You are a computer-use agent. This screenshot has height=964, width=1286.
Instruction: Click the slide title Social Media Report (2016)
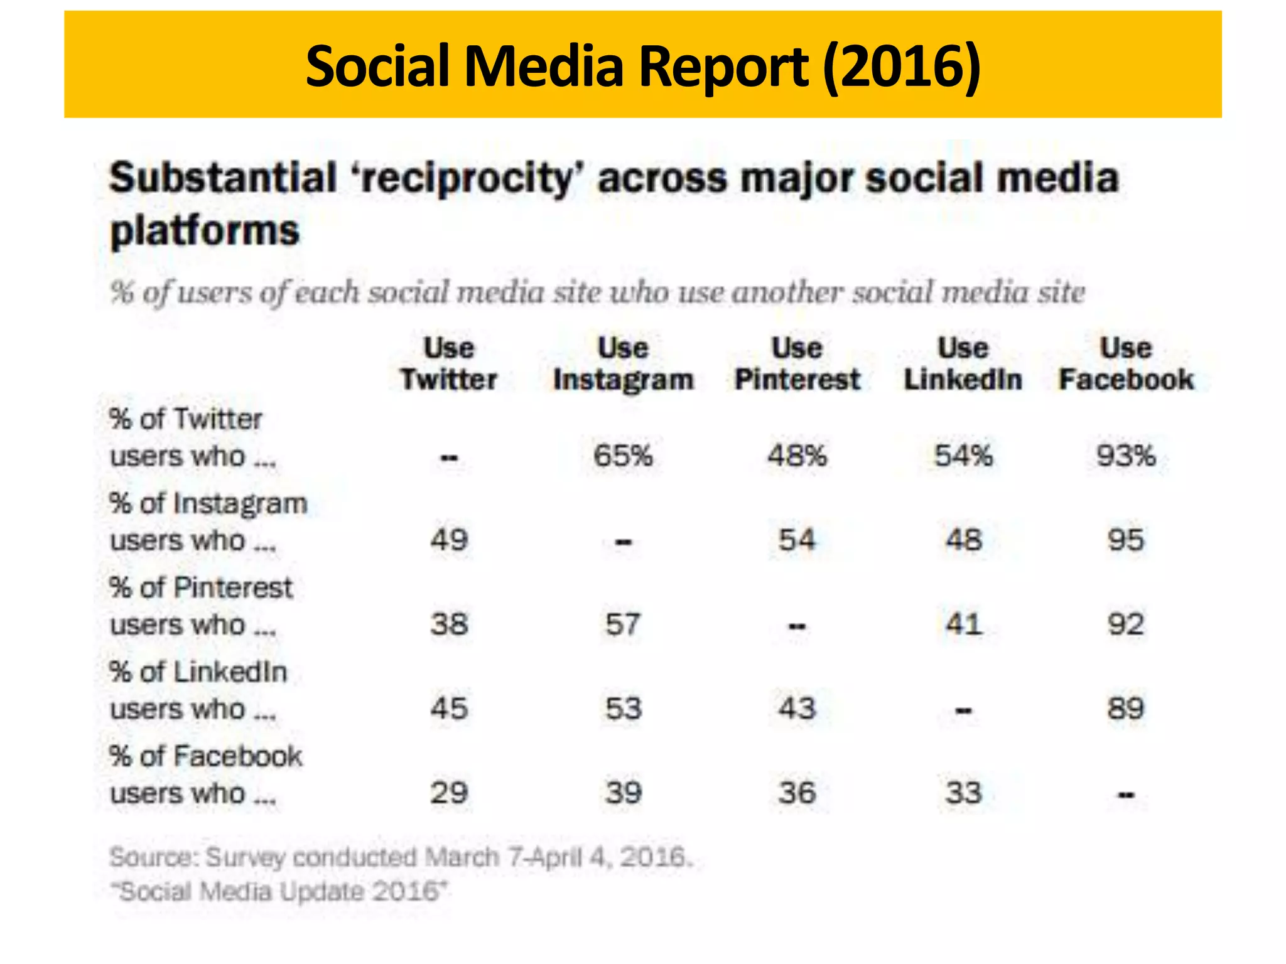(x=643, y=66)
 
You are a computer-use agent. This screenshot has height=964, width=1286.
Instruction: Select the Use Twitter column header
(x=449, y=364)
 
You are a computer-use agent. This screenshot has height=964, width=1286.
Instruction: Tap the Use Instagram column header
(x=623, y=364)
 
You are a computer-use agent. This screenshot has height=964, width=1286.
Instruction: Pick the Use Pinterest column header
(x=797, y=364)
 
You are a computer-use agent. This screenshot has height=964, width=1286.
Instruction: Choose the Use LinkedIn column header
(x=963, y=364)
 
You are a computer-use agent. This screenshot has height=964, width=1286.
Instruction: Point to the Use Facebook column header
(x=1126, y=364)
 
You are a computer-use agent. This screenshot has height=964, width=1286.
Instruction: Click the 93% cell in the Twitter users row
(x=1125, y=456)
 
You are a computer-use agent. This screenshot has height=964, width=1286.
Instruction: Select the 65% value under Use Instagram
(x=623, y=456)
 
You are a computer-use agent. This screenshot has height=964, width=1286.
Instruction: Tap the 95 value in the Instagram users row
(x=1125, y=540)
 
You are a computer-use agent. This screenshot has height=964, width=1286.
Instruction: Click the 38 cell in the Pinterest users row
(x=449, y=624)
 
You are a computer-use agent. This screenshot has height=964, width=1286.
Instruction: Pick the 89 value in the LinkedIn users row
(x=1125, y=709)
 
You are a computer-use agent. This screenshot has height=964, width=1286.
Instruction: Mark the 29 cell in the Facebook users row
(x=449, y=793)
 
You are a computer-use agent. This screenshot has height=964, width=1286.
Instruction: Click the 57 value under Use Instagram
(x=623, y=624)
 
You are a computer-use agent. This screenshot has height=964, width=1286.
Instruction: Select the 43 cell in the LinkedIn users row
(x=797, y=709)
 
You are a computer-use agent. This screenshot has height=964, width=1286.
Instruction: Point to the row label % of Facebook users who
(x=205, y=774)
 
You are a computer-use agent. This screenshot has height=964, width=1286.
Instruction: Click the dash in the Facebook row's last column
(x=1125, y=795)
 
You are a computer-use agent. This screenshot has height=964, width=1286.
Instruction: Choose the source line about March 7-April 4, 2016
(x=401, y=857)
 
